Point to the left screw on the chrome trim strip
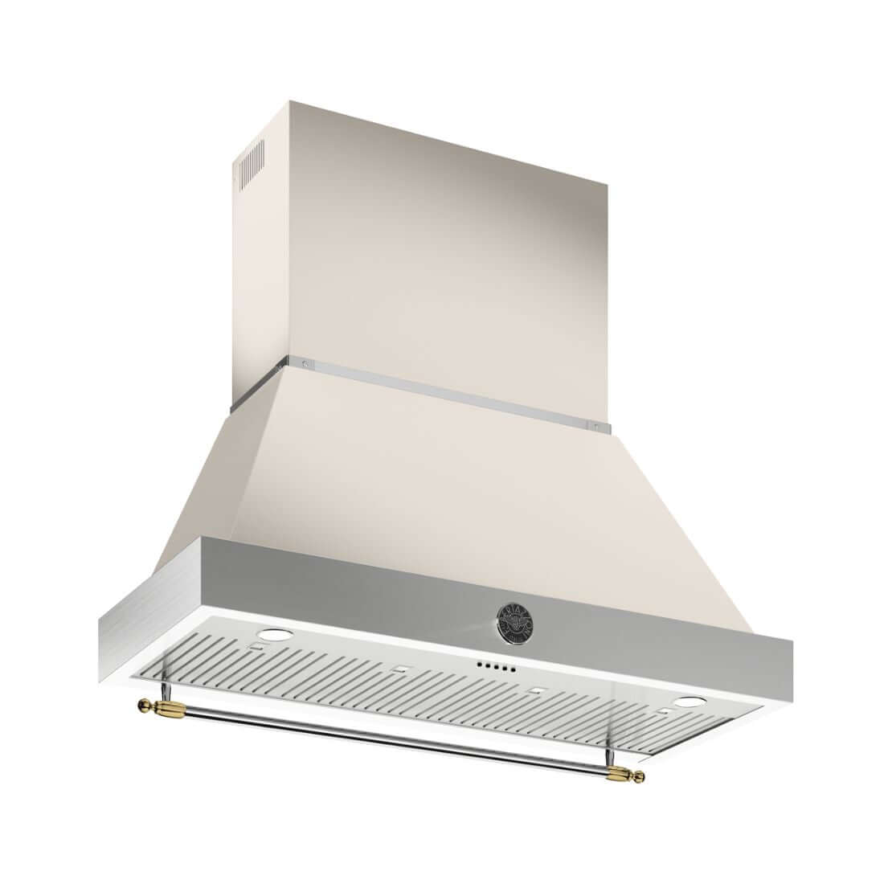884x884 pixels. pos(303,365)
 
